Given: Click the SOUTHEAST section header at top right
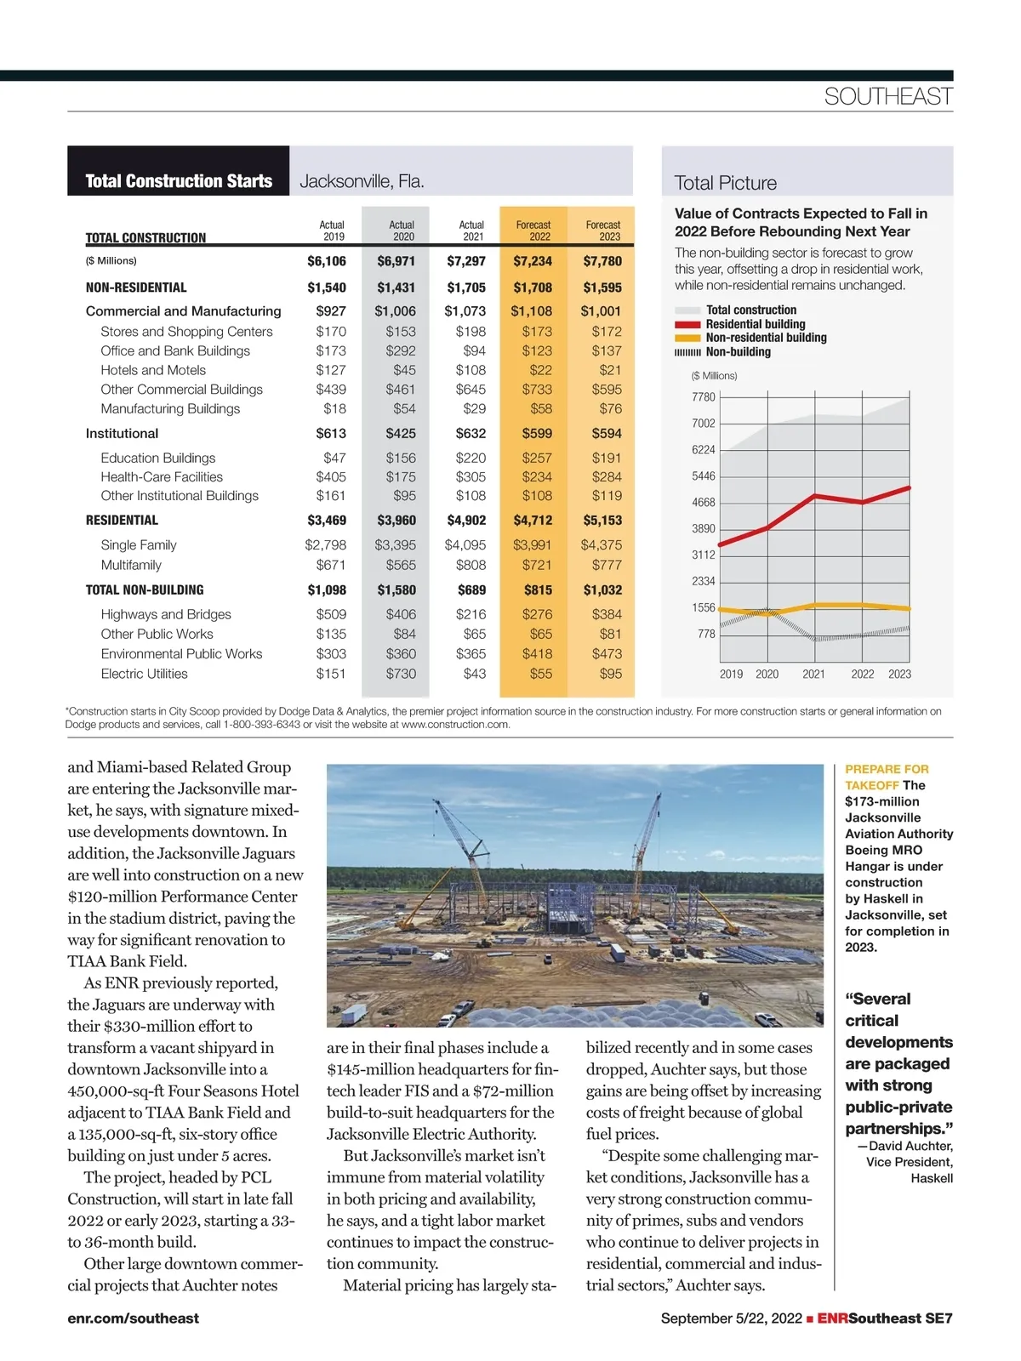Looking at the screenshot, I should point(887,97).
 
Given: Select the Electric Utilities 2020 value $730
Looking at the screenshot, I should point(401,674).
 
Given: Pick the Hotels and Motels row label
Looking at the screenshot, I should point(153,370).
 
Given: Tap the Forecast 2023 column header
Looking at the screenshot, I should point(602,231).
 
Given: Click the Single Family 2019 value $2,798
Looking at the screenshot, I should point(326,545).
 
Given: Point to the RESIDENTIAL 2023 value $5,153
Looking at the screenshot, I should point(602,521).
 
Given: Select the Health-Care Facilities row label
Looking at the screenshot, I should point(162,477).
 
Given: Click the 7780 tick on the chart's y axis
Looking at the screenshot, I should point(704,397).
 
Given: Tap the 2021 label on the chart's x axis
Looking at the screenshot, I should point(813,674).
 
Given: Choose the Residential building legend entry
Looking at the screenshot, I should point(755,324).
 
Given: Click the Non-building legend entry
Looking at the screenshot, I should point(738,352).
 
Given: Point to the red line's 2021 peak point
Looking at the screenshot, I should point(816,495).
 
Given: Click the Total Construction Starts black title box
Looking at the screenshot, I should point(179,181).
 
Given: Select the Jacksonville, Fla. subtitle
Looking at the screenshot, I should point(362,181).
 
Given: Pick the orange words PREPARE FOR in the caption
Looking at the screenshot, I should point(887,769).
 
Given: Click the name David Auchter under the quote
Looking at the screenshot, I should point(910,1146).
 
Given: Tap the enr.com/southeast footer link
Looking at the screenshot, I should point(133,1318).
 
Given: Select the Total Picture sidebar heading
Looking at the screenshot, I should point(725,183).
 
